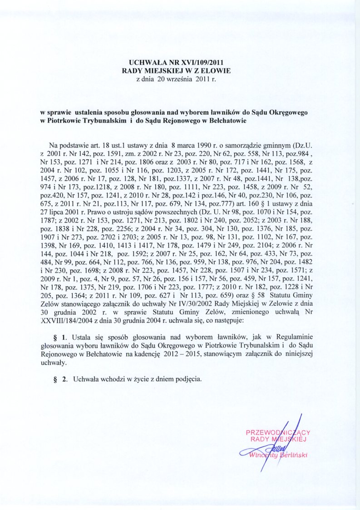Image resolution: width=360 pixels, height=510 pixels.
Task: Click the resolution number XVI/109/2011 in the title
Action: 205,63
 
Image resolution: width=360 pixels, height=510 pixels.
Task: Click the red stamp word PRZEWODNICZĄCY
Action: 278,432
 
